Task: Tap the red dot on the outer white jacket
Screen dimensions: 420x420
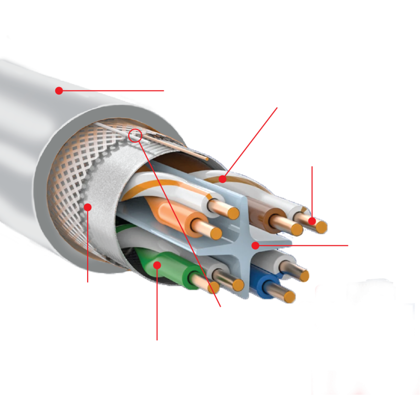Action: (x=59, y=91)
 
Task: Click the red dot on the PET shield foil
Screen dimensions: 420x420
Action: (x=88, y=207)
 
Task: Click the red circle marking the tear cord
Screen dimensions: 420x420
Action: (x=135, y=135)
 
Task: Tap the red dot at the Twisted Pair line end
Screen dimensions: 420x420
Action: (x=223, y=179)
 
